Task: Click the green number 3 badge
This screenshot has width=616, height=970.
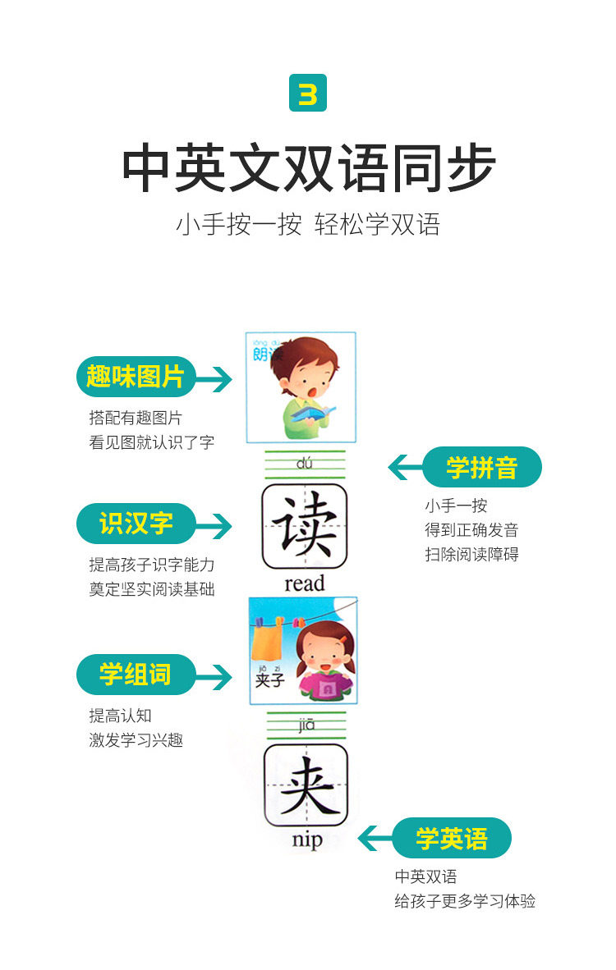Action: [308, 93]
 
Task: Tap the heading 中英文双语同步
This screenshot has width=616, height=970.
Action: [308, 168]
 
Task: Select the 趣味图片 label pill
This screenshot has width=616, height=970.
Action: [136, 377]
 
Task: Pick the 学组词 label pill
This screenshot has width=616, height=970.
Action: [136, 675]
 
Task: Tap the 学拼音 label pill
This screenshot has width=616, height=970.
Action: [482, 467]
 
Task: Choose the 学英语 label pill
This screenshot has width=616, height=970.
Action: [451, 838]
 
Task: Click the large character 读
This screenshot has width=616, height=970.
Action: [305, 526]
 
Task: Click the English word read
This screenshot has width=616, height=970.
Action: [305, 583]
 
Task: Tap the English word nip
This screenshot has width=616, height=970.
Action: [306, 840]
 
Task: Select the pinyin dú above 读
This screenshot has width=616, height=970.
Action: [306, 464]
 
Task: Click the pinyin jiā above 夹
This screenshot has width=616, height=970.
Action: [306, 724]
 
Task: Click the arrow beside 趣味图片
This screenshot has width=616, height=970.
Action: [214, 378]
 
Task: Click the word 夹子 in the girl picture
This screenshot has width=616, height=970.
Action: [269, 680]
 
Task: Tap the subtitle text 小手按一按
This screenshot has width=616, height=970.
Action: [238, 224]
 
